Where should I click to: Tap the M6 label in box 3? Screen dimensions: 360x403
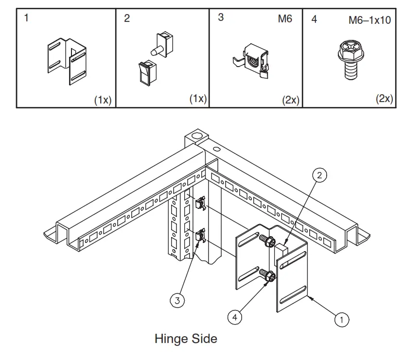click(x=285, y=20)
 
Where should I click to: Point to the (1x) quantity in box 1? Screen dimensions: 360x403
click(x=103, y=100)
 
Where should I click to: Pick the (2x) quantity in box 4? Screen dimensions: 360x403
click(x=384, y=99)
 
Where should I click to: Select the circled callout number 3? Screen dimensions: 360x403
click(x=177, y=301)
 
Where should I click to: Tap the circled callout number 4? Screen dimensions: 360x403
click(x=235, y=317)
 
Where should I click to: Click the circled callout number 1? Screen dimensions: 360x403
click(x=342, y=319)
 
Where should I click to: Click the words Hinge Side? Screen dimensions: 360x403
click(x=186, y=338)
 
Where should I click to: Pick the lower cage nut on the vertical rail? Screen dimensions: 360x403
click(x=200, y=238)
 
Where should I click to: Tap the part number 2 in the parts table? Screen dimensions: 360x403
click(x=127, y=19)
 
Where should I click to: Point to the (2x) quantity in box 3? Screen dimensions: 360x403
click(x=291, y=100)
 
